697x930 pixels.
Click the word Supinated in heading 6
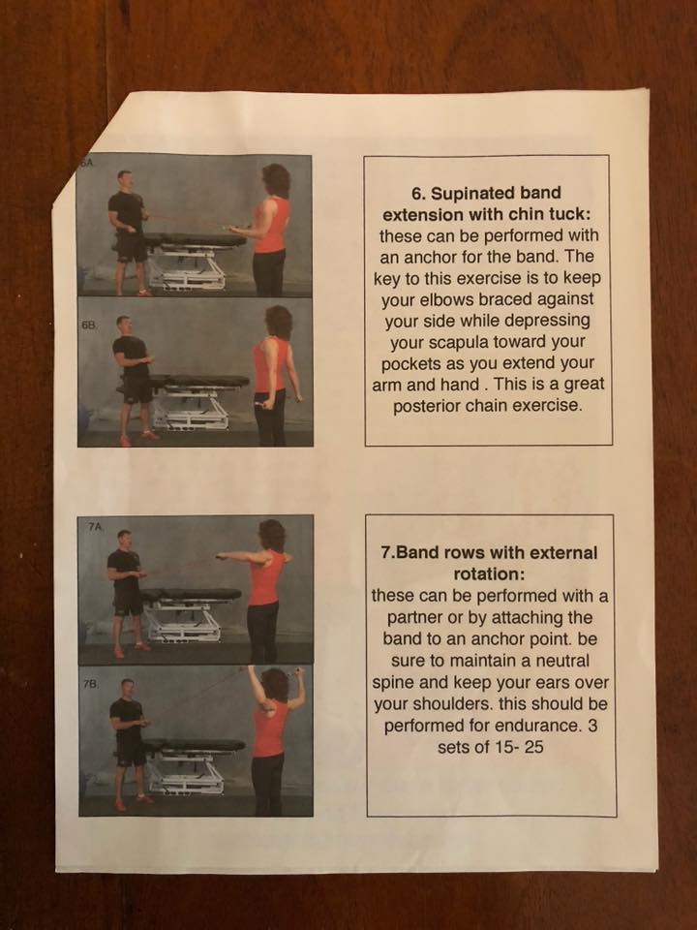tap(473, 194)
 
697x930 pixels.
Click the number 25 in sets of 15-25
tap(533, 747)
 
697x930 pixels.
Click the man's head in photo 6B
tap(123, 325)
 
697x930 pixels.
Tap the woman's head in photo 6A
tap(276, 180)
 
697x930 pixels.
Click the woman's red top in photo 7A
tap(265, 577)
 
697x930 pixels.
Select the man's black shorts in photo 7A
tap(128, 602)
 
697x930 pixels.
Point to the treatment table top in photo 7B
tap(194, 745)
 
